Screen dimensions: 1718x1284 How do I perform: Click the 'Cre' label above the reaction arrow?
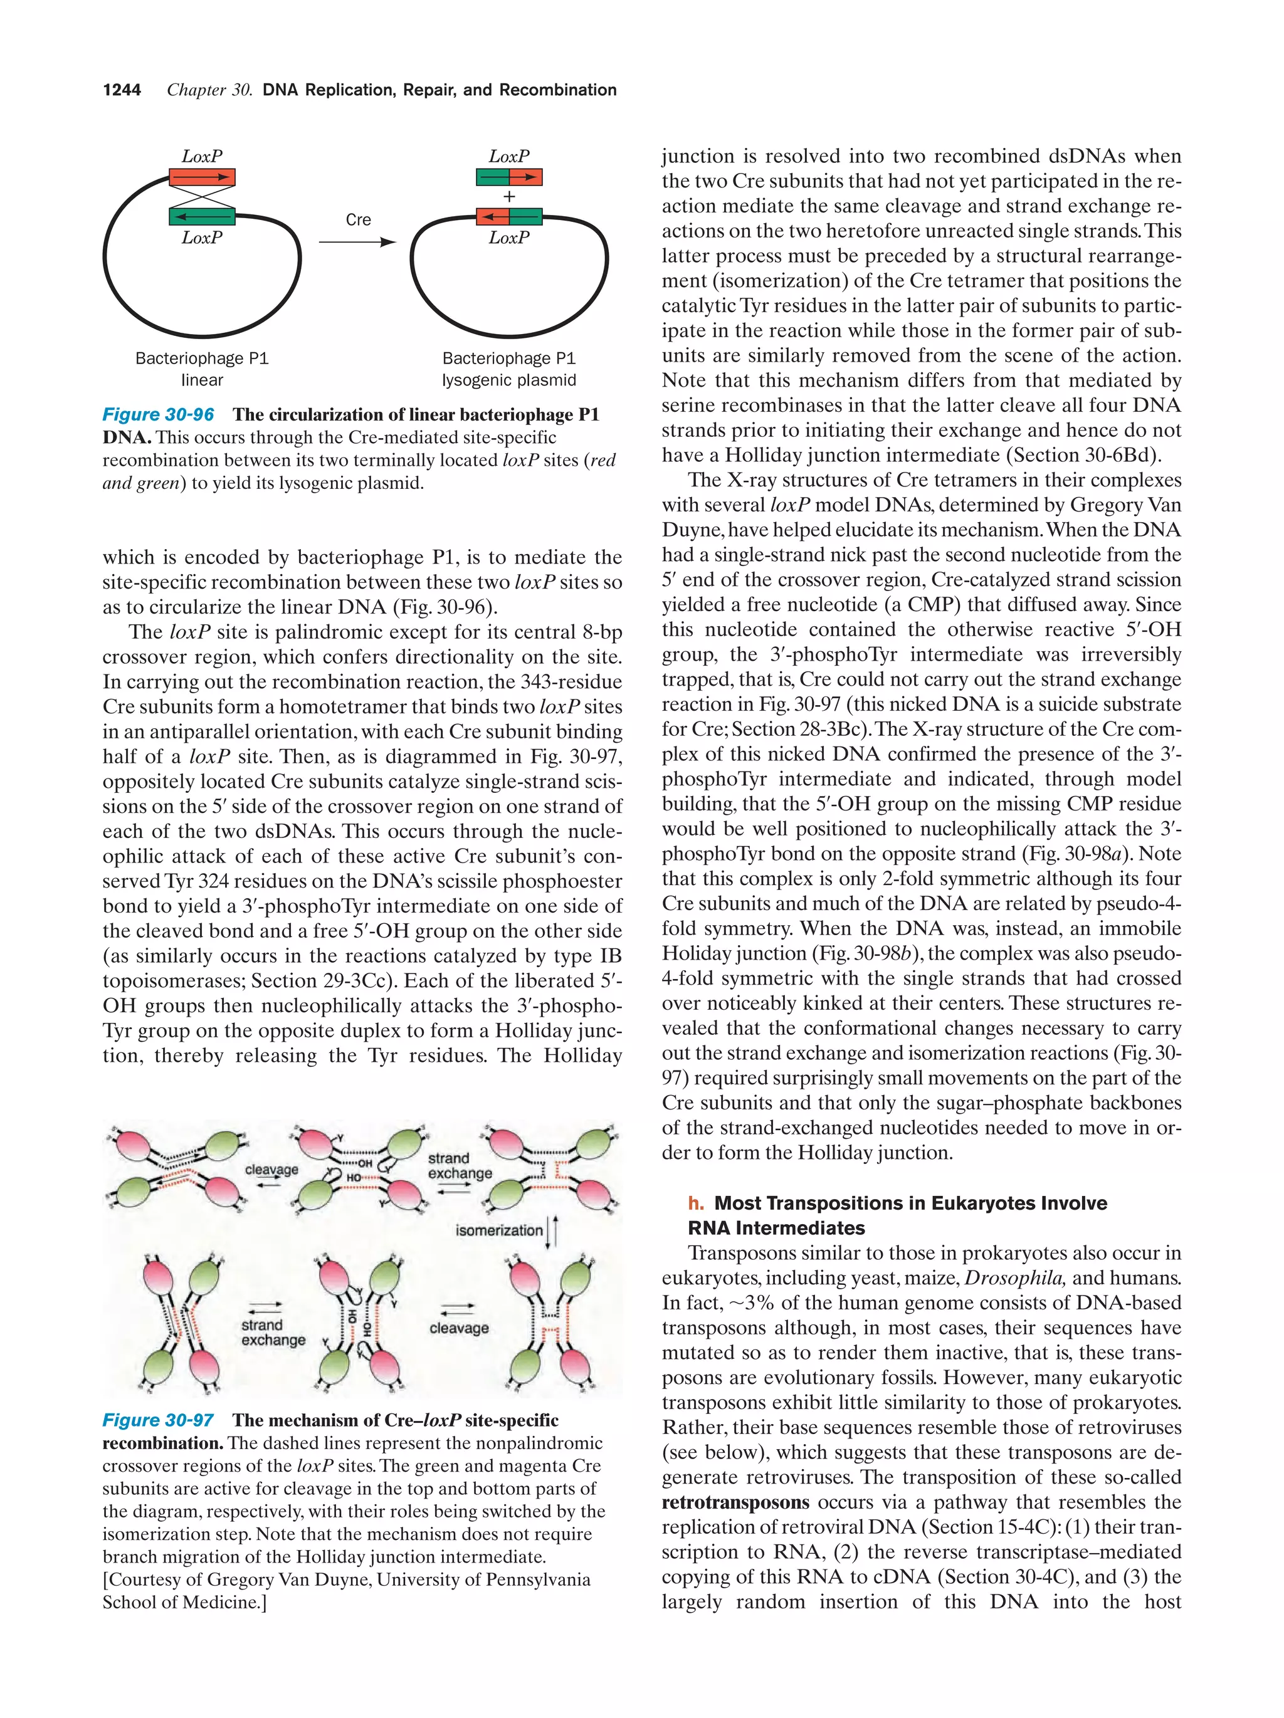pyautogui.click(x=358, y=220)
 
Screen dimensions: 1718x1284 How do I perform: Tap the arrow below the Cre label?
pyautogui.click(x=357, y=243)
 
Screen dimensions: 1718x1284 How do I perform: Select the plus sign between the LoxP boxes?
pyautogui.click(x=509, y=197)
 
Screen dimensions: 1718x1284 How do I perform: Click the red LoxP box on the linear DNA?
pyautogui.click(x=202, y=177)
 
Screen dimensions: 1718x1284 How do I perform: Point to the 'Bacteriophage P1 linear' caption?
pyautogui.click(x=202, y=369)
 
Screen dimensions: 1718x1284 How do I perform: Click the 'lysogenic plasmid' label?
pyautogui.click(x=509, y=380)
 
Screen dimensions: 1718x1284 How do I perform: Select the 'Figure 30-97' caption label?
pyautogui.click(x=159, y=1420)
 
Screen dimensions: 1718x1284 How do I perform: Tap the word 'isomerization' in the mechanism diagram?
pyautogui.click(x=498, y=1230)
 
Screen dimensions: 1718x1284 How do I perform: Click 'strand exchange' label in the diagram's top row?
pyautogui.click(x=459, y=1166)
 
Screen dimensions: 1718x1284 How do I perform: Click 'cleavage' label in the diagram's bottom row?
pyautogui.click(x=459, y=1328)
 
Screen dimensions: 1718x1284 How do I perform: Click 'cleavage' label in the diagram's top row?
pyautogui.click(x=271, y=1170)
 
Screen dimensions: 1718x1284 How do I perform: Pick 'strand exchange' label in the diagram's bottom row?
pyautogui.click(x=273, y=1332)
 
